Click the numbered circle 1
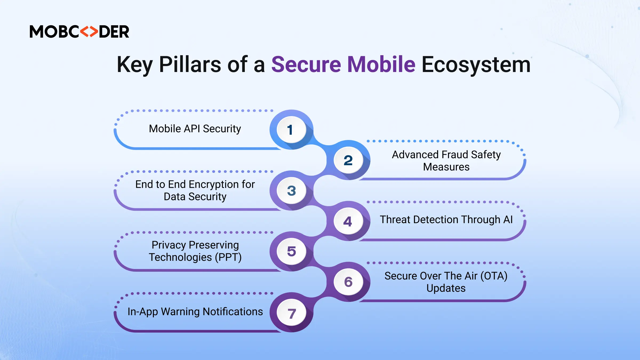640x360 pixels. point(291,130)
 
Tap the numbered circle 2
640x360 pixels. point(348,160)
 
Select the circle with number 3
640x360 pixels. point(291,191)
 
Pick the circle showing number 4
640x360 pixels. point(348,221)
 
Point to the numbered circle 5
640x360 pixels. point(291,251)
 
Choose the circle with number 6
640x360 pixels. point(348,282)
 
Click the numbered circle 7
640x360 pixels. point(291,313)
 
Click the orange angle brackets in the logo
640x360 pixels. point(89,32)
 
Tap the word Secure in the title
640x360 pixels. point(306,65)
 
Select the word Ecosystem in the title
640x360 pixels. point(476,65)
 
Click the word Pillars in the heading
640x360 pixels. point(190,65)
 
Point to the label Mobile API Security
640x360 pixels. point(195,129)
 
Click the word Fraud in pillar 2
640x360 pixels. point(455,155)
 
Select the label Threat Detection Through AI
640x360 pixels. point(446,220)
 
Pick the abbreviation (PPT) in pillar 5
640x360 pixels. point(228,257)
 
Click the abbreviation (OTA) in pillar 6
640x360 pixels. point(494,276)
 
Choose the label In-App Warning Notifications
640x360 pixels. point(195,312)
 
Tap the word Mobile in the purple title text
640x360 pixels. point(381,65)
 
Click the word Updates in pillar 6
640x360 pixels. point(446,288)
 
